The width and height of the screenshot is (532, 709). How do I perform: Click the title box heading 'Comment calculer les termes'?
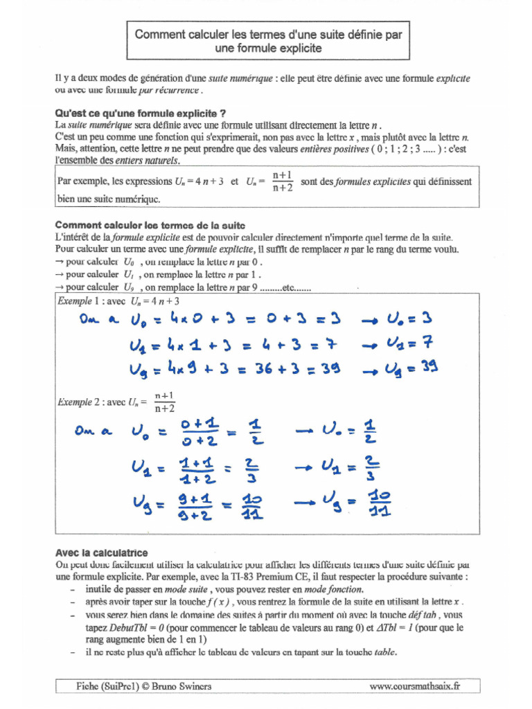[267, 40]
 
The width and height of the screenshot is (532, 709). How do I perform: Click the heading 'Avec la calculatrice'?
[101, 553]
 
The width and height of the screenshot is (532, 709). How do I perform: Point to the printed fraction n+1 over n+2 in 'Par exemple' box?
[282, 181]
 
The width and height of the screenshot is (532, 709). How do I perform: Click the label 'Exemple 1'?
[73, 302]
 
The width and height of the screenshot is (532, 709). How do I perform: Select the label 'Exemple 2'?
[73, 402]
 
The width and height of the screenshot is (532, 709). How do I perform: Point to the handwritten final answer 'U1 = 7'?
[413, 343]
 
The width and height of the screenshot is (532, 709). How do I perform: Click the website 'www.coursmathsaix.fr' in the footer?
[414, 686]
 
